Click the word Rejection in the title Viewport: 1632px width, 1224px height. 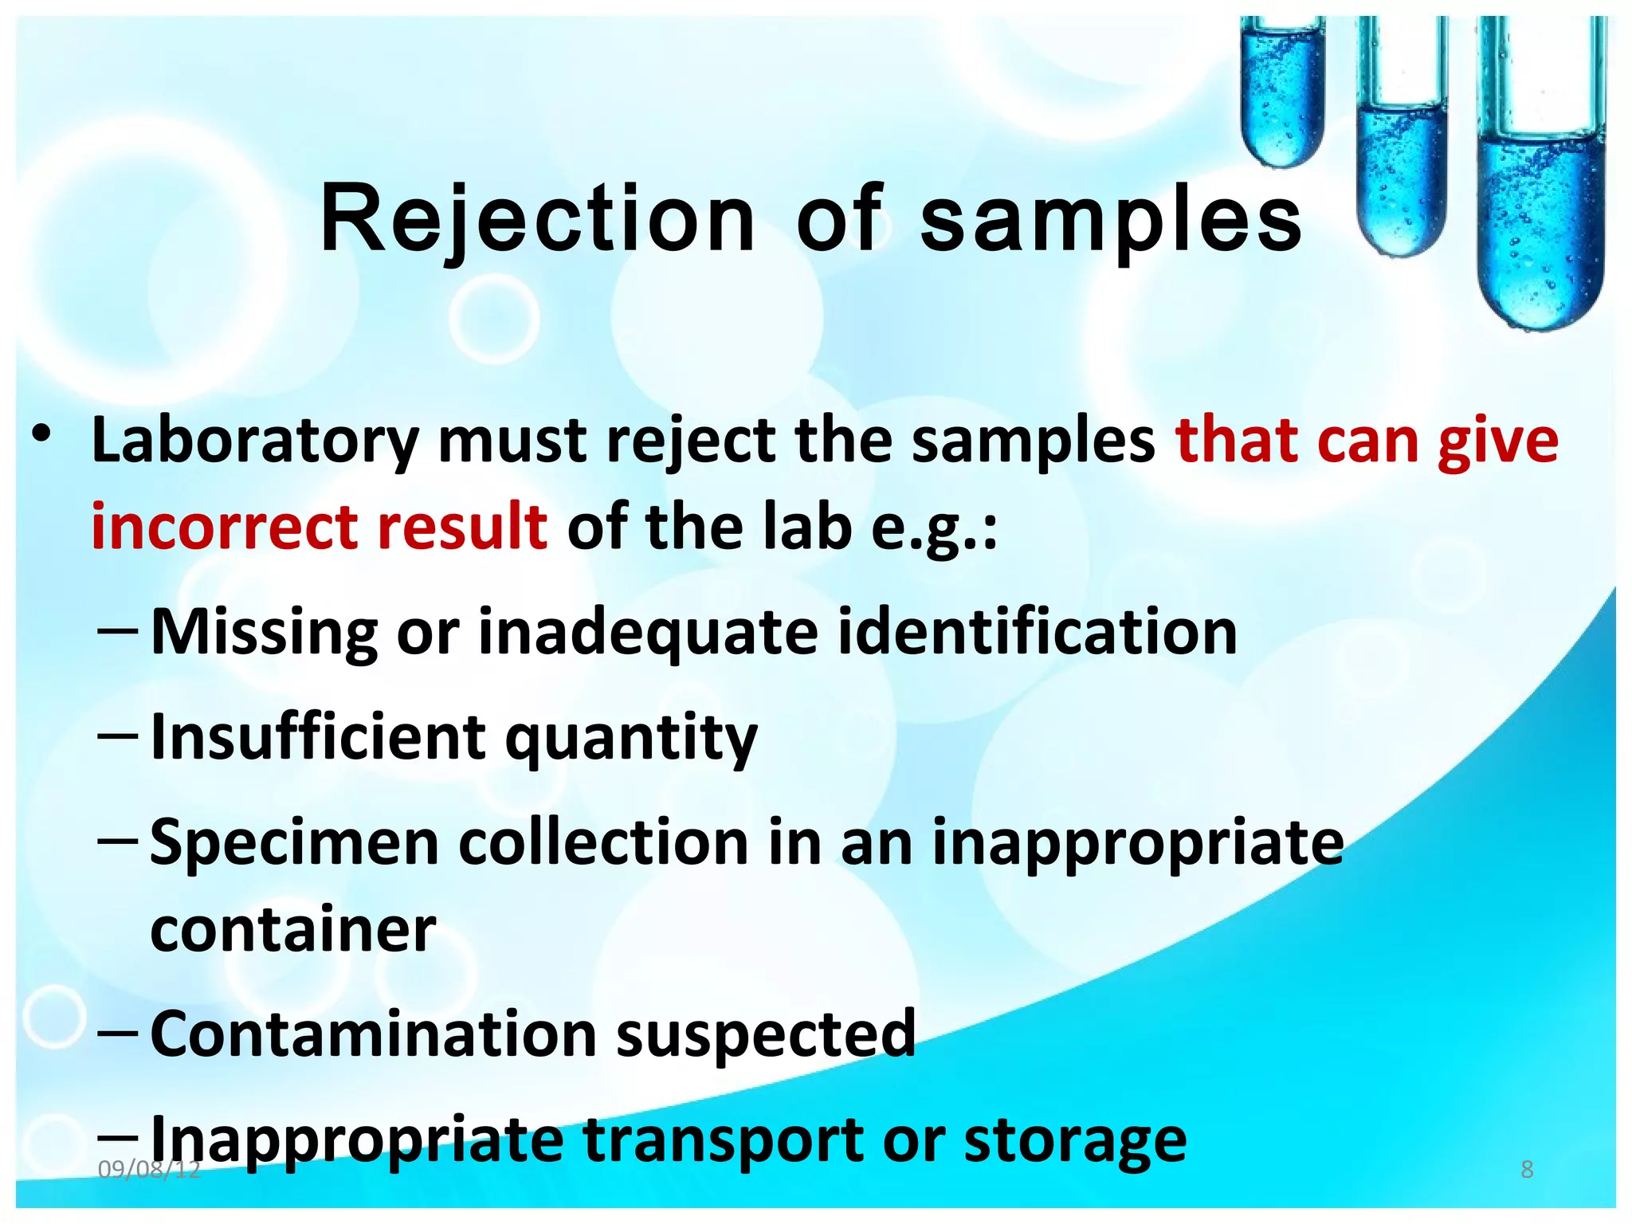coord(537,219)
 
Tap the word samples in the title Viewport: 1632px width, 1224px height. coord(1111,219)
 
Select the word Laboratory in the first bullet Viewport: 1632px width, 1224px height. coord(255,441)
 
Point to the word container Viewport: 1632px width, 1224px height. coord(293,930)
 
